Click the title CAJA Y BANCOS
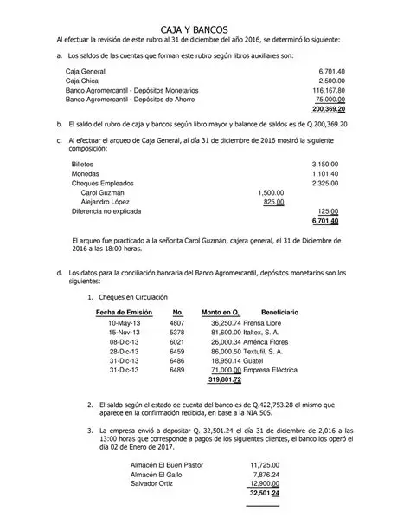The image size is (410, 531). [205, 29]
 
